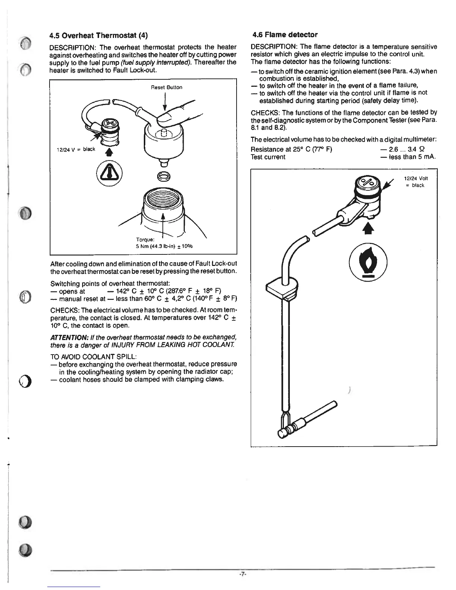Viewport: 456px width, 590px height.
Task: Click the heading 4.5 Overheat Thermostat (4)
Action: (99, 36)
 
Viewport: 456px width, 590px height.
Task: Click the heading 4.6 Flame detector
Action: (285, 35)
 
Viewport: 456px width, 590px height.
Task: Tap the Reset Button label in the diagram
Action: (167, 88)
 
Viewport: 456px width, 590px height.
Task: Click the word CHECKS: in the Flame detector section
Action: (265, 112)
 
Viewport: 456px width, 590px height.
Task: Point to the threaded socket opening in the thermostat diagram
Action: (162, 203)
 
